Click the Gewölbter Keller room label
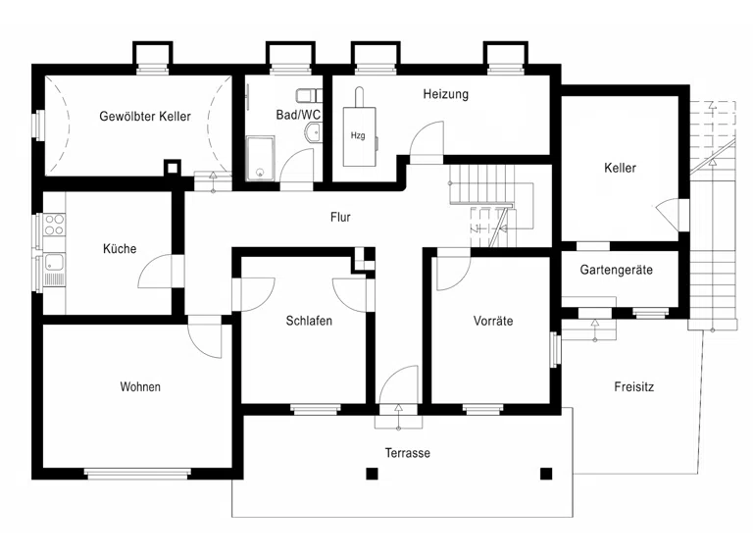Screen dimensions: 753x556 [x=145, y=116]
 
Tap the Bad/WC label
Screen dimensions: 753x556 [x=298, y=115]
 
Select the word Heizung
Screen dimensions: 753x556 [x=446, y=94]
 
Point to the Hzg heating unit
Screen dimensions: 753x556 [x=359, y=136]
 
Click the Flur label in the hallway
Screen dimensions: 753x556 [x=340, y=217]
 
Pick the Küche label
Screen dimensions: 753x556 [x=120, y=249]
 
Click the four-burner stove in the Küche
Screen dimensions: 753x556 [x=54, y=226]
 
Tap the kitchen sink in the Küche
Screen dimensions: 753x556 [x=54, y=263]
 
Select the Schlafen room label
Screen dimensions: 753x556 [x=309, y=321]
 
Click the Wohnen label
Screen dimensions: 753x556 [x=140, y=387]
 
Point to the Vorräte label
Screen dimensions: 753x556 [x=493, y=321]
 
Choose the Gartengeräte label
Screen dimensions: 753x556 [x=616, y=270]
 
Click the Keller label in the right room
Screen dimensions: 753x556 [x=620, y=168]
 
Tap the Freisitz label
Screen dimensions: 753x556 [x=634, y=387]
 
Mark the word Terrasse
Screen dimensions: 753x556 [x=407, y=453]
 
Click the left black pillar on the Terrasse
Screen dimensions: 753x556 [x=373, y=474]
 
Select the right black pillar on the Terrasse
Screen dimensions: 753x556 [x=546, y=474]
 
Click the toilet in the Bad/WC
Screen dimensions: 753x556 [x=309, y=95]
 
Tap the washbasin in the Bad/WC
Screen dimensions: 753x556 [x=314, y=132]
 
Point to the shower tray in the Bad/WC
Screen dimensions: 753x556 [x=260, y=159]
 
